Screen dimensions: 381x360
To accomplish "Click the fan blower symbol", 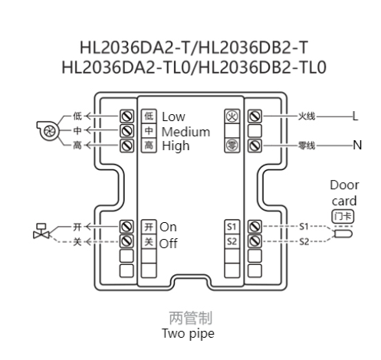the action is (x=48, y=130).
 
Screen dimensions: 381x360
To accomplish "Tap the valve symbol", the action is (x=41, y=231).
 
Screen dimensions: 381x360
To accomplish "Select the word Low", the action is (x=173, y=116).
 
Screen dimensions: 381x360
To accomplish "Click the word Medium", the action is (x=186, y=132).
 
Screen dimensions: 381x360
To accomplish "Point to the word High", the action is (x=176, y=146).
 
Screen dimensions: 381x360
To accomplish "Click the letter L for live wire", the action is (x=355, y=116).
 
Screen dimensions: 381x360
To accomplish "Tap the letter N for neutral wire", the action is (x=357, y=146).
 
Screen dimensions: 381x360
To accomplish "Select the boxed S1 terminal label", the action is (x=232, y=227).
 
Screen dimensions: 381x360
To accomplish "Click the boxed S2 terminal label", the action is (x=232, y=241).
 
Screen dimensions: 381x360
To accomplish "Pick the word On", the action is (x=168, y=227).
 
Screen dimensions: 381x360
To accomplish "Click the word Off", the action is (x=168, y=244).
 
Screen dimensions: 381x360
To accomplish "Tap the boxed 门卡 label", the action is (x=343, y=217).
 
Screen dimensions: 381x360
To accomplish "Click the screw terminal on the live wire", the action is (x=255, y=116).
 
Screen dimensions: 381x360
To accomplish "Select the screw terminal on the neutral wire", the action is (x=255, y=146).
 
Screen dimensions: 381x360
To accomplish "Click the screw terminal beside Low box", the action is (x=127, y=116).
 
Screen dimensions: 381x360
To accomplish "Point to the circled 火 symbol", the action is (x=232, y=116).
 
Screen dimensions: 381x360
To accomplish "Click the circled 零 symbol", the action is (x=232, y=146).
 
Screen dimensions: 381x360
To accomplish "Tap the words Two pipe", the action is (x=188, y=333).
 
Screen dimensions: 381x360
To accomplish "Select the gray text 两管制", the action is (x=191, y=318).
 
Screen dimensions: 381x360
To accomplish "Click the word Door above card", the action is (x=344, y=185).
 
